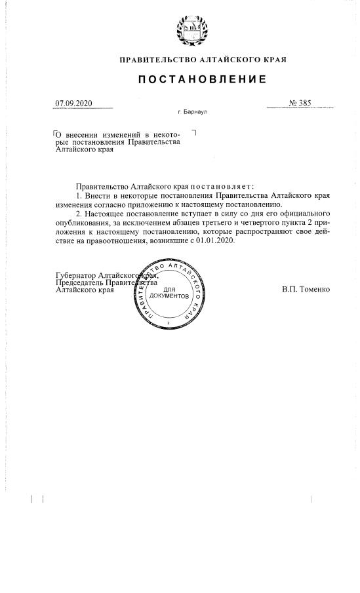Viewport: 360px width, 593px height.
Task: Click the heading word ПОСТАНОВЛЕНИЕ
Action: pos(202,80)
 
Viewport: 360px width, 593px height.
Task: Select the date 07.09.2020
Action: pos(74,103)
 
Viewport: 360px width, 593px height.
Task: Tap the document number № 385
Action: pos(300,103)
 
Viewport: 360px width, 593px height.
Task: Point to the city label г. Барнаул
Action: pos(193,112)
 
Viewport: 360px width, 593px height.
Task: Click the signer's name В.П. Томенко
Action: pos(306,289)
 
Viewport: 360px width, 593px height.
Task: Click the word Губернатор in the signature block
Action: pos(77,275)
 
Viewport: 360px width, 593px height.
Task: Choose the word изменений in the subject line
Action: pos(123,134)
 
